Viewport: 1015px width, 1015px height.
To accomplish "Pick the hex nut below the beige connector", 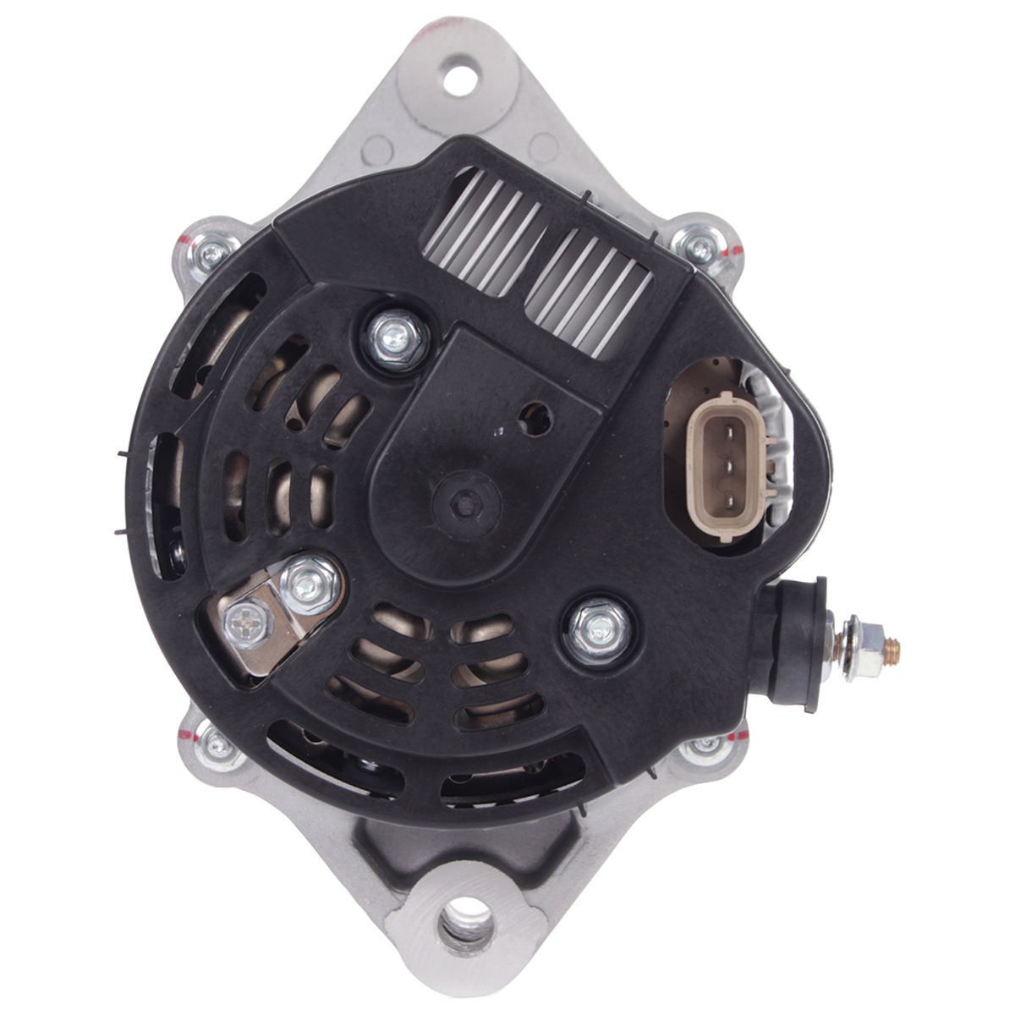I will (598, 627).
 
